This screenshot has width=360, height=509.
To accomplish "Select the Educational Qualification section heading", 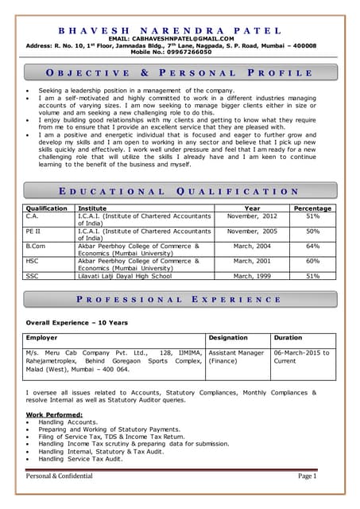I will [180, 192].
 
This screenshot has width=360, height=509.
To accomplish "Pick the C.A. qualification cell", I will [33, 216].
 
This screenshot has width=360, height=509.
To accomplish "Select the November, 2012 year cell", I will [252, 216].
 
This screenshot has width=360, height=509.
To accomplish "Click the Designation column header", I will [228, 338].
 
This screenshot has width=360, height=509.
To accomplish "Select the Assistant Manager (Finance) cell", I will [235, 357].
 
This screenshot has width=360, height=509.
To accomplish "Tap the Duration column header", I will [288, 338].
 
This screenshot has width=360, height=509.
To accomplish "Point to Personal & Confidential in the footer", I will [60, 476].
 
